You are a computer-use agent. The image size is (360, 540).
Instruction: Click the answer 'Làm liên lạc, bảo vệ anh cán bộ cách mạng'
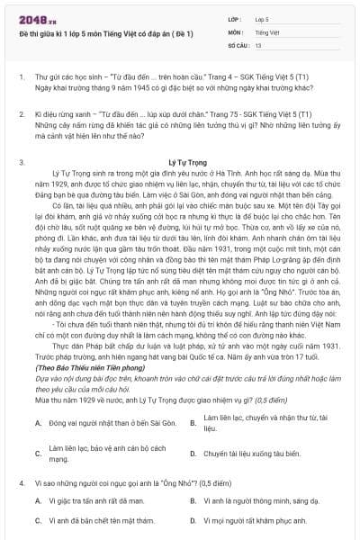point(107,453)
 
